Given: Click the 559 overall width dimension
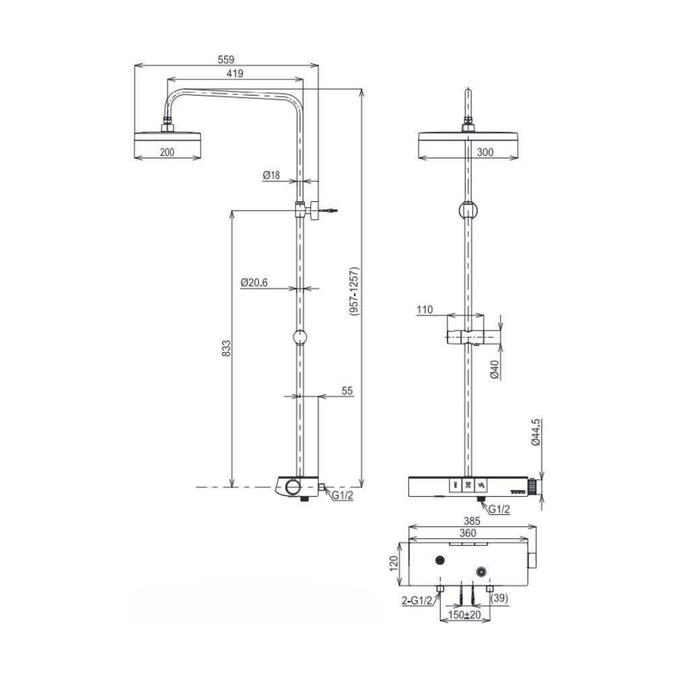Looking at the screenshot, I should pyautogui.click(x=226, y=59).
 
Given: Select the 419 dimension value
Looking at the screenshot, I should pyautogui.click(x=235, y=73).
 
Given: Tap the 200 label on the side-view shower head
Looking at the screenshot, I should pyautogui.click(x=167, y=153).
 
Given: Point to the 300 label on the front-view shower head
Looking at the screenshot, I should pyautogui.click(x=485, y=153).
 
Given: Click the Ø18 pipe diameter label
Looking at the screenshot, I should pyautogui.click(x=271, y=175).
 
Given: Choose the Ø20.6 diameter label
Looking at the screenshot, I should pyautogui.click(x=254, y=283).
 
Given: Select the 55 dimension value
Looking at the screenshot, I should pyautogui.click(x=347, y=390).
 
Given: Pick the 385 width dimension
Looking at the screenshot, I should pyautogui.click(x=471, y=520).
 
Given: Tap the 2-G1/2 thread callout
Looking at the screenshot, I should pyautogui.click(x=417, y=601).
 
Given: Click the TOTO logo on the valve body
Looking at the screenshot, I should pyautogui.click(x=517, y=491).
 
